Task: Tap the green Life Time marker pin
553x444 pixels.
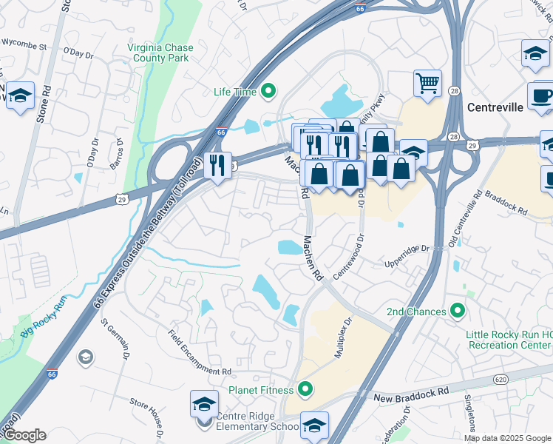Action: pyautogui.click(x=268, y=92)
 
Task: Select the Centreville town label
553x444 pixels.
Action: pyautogui.click(x=495, y=107)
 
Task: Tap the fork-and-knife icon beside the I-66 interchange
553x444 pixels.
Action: pyautogui.click(x=217, y=164)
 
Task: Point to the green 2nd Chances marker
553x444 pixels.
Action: pyautogui.click(x=458, y=312)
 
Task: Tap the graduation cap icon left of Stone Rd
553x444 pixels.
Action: pyautogui.click(x=21, y=95)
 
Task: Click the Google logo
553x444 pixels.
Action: pyautogui.click(x=24, y=435)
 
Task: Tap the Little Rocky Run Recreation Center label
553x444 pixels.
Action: pyautogui.click(x=509, y=340)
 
